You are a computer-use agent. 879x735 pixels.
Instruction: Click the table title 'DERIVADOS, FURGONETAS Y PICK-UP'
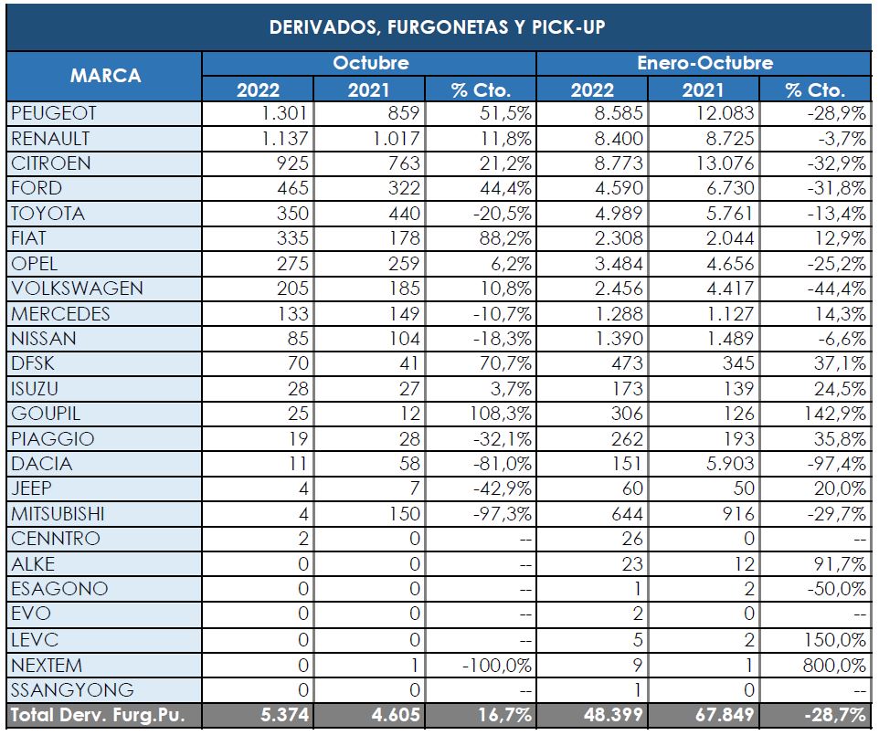click(x=437, y=27)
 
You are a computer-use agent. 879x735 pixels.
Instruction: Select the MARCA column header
click(x=105, y=76)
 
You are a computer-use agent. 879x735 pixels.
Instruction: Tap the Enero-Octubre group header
click(x=704, y=64)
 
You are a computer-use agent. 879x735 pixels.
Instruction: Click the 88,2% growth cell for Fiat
click(x=504, y=238)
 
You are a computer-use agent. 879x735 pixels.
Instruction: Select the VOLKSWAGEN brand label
click(x=77, y=289)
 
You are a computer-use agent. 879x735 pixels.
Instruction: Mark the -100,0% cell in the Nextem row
click(x=496, y=665)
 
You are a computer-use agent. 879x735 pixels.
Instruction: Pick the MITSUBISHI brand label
click(x=71, y=514)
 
